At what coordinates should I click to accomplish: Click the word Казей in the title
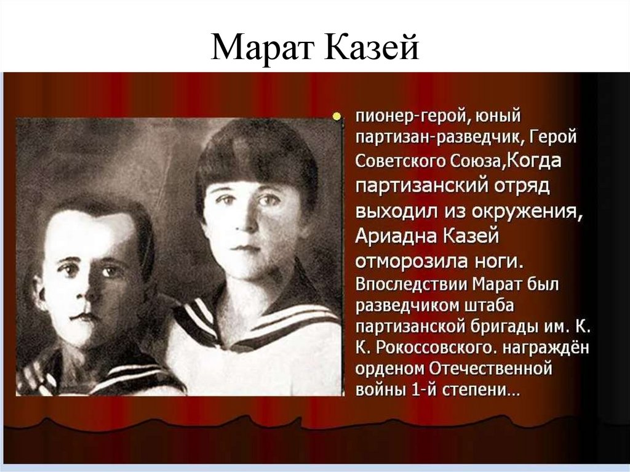coord(371,49)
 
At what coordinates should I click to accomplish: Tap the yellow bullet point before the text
coord(337,115)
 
